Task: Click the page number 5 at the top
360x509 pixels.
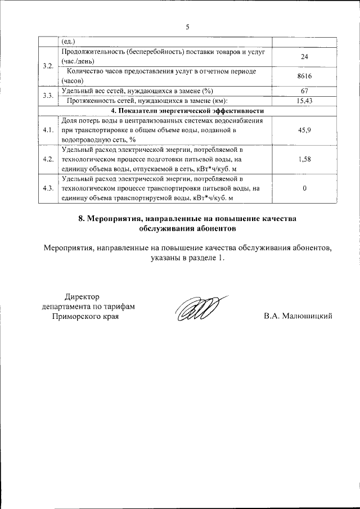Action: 188,27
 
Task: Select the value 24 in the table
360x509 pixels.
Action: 304,57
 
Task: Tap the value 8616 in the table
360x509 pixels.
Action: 304,76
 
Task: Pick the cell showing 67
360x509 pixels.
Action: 304,91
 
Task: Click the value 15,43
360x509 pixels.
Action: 304,101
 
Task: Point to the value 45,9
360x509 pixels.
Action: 304,130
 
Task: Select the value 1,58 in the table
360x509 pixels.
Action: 304,159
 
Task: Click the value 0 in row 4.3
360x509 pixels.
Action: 304,188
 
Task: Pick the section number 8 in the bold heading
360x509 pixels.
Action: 81,219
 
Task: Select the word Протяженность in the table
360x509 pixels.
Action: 92,101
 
